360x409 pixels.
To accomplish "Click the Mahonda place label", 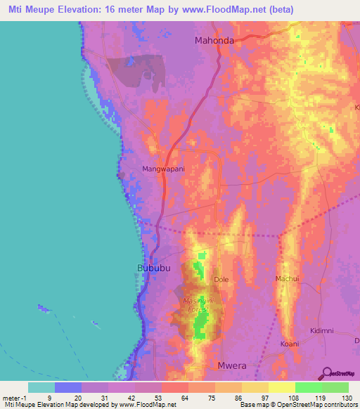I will pos(214,41).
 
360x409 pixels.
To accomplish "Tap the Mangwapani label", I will pos(162,169).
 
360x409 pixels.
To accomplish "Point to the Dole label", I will pos(221,280).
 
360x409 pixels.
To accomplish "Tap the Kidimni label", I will pos(323,330).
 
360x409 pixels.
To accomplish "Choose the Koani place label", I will pos(289,344).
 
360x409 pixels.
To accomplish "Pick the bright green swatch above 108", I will pos(309,387).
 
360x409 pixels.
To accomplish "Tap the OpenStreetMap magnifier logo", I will pos(328,372).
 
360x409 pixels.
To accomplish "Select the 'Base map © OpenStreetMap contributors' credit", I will pos(297,404).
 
